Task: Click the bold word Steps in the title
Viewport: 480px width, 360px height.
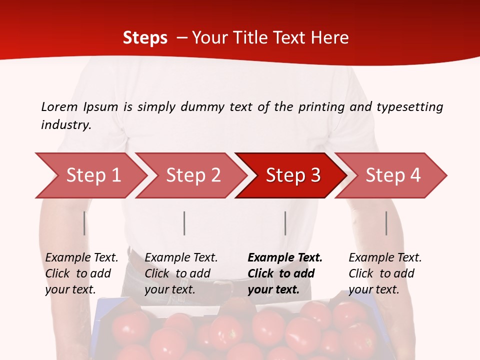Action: (x=145, y=38)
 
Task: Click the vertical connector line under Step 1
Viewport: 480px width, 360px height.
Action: (x=84, y=223)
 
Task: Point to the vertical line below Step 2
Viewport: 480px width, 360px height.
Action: (x=184, y=223)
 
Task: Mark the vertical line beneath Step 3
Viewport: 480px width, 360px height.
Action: (x=285, y=223)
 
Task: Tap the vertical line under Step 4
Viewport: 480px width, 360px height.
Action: (x=386, y=223)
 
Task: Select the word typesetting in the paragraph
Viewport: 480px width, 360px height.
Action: (x=409, y=106)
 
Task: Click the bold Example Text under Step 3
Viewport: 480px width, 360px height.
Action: (x=285, y=258)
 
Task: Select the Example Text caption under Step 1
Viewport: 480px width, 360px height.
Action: (x=81, y=258)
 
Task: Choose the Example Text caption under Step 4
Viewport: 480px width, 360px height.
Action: (x=385, y=258)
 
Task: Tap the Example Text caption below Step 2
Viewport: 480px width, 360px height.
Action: (x=181, y=258)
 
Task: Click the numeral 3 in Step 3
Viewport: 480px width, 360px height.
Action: (x=315, y=175)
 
